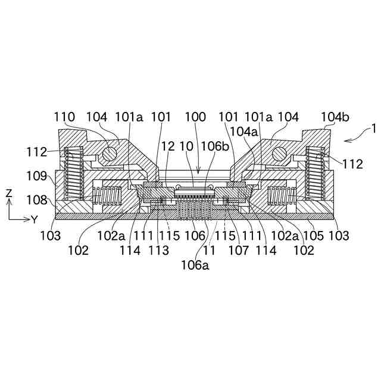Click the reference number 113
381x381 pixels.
[x=158, y=251]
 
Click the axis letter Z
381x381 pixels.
[x=9, y=193]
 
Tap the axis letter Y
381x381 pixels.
[x=34, y=219]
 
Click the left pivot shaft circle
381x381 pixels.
[x=109, y=154]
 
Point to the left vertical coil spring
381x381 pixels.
[x=72, y=173]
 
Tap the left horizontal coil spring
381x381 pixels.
[x=108, y=195]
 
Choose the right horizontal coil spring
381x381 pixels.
[x=281, y=195]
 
